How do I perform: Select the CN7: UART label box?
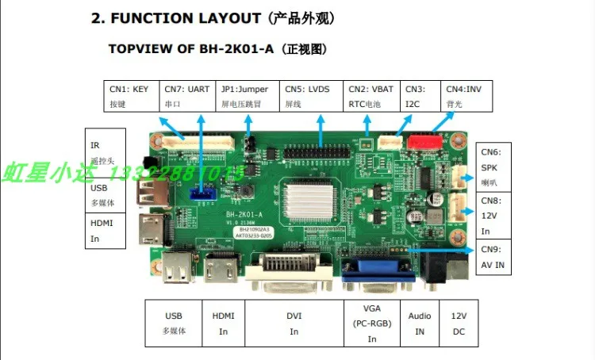pyautogui.click(x=188, y=96)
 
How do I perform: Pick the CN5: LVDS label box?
pyautogui.click(x=311, y=96)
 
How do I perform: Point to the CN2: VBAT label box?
pyautogui.click(x=372, y=96)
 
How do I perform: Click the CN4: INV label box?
pyautogui.click(x=466, y=96)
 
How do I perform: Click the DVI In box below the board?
pyautogui.click(x=294, y=323)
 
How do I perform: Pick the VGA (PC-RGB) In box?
pyautogui.click(x=372, y=323)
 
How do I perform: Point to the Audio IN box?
pyautogui.click(x=420, y=323)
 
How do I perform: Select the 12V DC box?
pyautogui.click(x=459, y=323)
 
